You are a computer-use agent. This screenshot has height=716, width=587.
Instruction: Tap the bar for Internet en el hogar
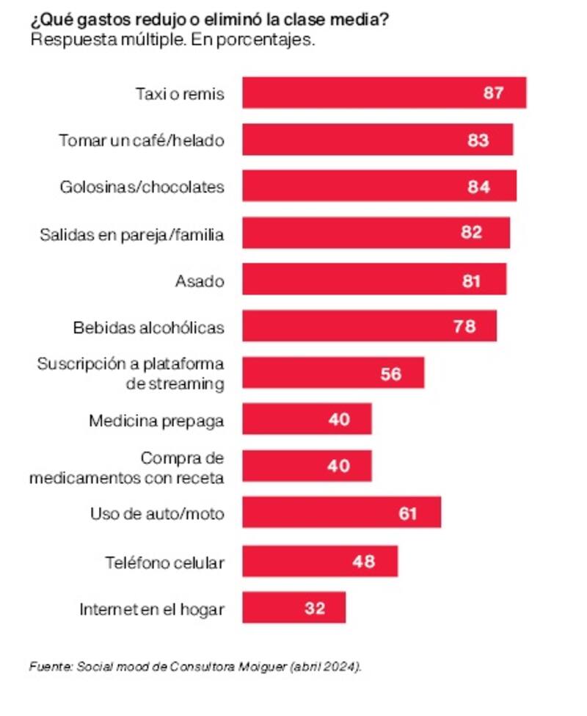click(x=293, y=608)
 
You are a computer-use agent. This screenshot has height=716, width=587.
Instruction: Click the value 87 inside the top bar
click(x=493, y=93)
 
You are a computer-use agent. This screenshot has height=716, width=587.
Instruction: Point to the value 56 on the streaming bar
click(x=391, y=374)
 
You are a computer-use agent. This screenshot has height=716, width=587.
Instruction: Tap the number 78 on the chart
click(x=464, y=327)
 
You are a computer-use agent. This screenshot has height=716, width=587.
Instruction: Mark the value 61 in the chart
click(x=407, y=513)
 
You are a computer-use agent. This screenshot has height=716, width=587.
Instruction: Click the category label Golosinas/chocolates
click(x=142, y=187)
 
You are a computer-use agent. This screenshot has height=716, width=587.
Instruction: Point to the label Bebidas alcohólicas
click(x=148, y=327)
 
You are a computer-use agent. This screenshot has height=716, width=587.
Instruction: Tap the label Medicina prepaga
click(x=156, y=421)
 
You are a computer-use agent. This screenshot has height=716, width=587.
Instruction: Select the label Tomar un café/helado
click(x=141, y=140)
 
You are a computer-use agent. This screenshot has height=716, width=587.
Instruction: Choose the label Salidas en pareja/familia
click(x=131, y=234)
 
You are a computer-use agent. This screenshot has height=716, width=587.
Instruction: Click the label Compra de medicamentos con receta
click(x=127, y=468)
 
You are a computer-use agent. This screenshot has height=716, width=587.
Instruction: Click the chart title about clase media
click(x=210, y=20)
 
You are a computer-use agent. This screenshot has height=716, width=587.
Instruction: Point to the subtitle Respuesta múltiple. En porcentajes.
click(x=172, y=40)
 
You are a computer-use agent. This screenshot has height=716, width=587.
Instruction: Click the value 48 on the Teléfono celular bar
click(x=364, y=562)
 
